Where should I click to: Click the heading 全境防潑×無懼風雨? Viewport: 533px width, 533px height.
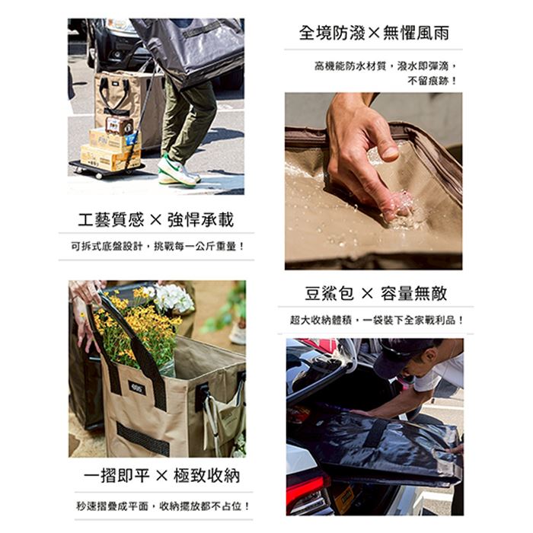(x=374, y=33)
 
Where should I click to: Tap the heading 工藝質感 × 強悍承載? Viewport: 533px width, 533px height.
(x=156, y=219)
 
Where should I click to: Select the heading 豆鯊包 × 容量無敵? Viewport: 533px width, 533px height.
(x=375, y=293)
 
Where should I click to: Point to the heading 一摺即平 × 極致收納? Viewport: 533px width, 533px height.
(x=161, y=475)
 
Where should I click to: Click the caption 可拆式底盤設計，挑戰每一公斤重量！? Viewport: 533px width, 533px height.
(x=158, y=246)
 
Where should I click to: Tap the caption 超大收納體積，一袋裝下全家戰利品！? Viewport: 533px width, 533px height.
(x=377, y=320)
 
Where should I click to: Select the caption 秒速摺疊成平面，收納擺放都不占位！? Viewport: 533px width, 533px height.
(x=163, y=506)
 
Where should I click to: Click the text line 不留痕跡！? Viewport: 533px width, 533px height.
(x=432, y=81)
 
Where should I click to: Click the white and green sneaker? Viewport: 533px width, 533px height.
(x=178, y=171)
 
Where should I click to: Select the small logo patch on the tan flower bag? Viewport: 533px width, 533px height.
(x=136, y=388)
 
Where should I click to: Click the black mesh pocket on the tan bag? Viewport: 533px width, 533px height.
(x=143, y=439)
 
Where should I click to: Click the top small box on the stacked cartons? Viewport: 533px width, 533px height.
(x=119, y=125)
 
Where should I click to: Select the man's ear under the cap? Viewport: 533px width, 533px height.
(x=430, y=356)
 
